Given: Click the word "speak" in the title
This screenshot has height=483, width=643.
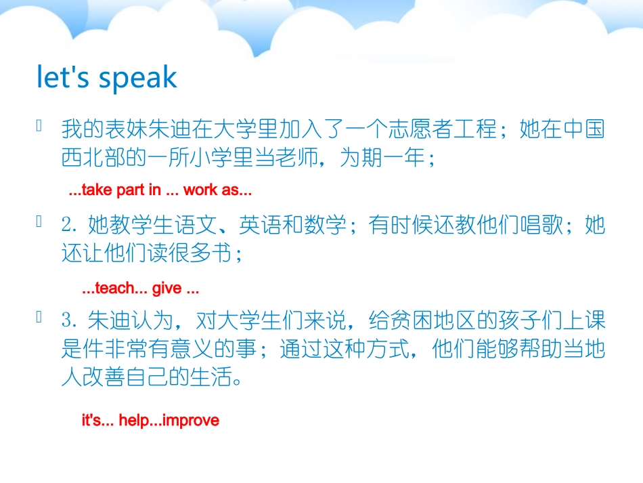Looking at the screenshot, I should click(x=138, y=79).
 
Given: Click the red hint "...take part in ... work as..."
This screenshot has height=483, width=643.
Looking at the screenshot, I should click(x=160, y=190).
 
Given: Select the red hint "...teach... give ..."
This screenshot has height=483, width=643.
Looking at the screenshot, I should click(x=140, y=289).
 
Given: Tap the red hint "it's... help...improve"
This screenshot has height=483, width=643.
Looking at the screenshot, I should click(x=150, y=421).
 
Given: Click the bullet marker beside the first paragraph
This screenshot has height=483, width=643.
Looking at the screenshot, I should click(x=40, y=126).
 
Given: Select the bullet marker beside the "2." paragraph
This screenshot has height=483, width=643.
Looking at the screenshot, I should click(x=40, y=221).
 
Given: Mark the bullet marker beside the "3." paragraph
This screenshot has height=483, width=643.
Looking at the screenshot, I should click(x=40, y=316).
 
